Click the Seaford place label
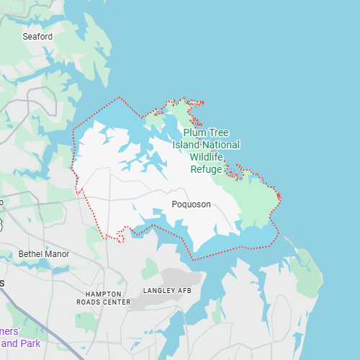pyautogui.click(x=37, y=36)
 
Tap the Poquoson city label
pyautogui.click(x=192, y=204)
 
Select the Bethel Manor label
pyautogui.click(x=44, y=253)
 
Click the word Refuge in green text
pyautogui.click(x=207, y=169)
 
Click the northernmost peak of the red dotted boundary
pyautogui.click(x=120, y=97)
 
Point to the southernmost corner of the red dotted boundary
pyautogui.click(x=193, y=258)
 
